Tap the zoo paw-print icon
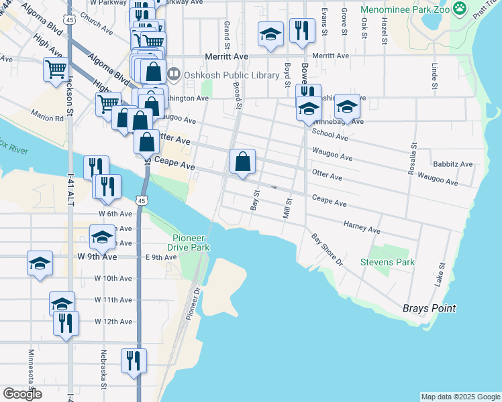click(460, 9)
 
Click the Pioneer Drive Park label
click(191, 243)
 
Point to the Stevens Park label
click(387, 262)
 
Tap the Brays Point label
click(429, 308)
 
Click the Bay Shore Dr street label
click(327, 249)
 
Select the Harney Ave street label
click(362, 227)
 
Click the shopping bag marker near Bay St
click(243, 162)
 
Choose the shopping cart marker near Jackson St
click(56, 69)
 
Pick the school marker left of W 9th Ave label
click(40, 263)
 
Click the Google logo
click(22, 394)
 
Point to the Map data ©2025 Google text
click(460, 397)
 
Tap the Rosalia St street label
click(413, 159)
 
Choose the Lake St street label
click(441, 272)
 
